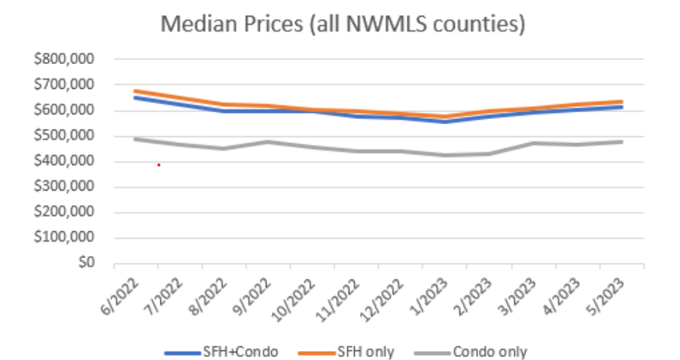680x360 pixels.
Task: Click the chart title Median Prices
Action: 343,24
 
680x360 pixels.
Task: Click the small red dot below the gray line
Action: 158,165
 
